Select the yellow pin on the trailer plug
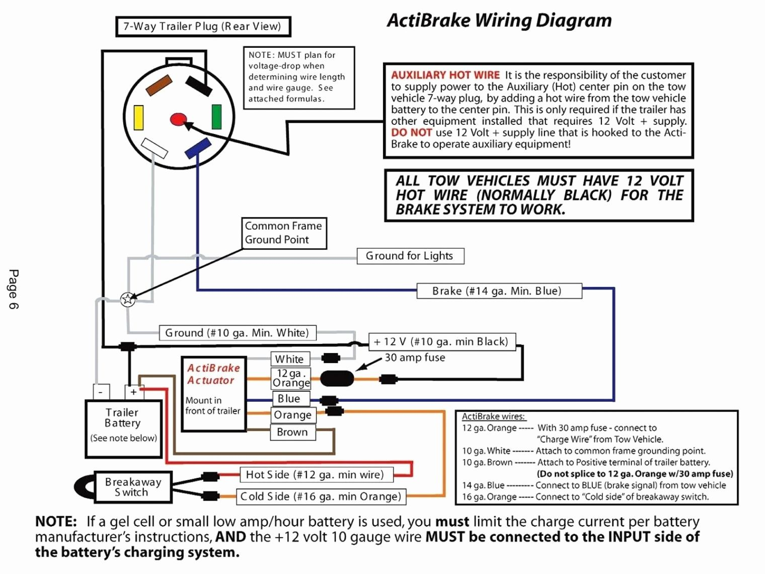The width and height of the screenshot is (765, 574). (x=138, y=118)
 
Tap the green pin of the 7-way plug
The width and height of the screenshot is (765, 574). (x=216, y=117)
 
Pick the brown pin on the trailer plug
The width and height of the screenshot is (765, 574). (x=159, y=85)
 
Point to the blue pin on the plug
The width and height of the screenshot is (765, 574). (x=198, y=149)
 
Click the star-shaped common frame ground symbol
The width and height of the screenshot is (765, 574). (x=128, y=300)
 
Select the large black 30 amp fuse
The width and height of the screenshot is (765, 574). (x=337, y=378)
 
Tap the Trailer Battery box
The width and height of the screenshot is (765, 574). (x=123, y=428)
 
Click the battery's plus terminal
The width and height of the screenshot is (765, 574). (x=133, y=392)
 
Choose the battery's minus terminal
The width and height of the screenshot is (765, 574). (x=101, y=392)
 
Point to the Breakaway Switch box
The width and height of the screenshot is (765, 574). (x=132, y=487)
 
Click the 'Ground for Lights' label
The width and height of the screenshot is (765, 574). (x=410, y=256)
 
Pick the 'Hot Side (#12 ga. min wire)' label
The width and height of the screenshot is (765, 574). (x=315, y=475)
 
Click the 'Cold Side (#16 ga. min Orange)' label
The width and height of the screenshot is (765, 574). (x=321, y=496)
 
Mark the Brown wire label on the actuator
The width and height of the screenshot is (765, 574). (x=292, y=432)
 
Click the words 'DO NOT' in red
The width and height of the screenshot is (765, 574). (x=411, y=132)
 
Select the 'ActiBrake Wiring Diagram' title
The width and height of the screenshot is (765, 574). (x=499, y=20)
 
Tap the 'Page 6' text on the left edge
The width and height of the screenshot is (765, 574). (x=14, y=289)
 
